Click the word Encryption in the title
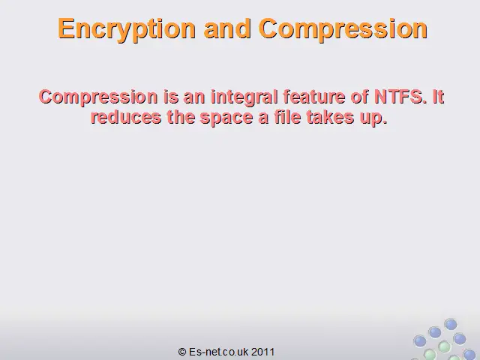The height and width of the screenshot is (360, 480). click(127, 29)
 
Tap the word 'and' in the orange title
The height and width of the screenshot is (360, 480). click(227, 28)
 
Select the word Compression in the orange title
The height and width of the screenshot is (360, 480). click(343, 29)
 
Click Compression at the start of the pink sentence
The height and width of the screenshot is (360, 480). click(98, 97)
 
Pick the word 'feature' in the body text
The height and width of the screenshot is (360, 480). click(314, 97)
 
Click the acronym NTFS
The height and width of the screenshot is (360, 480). click(400, 97)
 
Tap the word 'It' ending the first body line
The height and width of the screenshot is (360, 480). click(438, 97)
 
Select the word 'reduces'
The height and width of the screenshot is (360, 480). click(126, 117)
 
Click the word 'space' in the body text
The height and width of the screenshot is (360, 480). click(226, 118)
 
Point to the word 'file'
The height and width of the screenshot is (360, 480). click(287, 117)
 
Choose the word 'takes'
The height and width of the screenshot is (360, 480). click(330, 117)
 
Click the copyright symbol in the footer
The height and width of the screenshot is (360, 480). click(182, 352)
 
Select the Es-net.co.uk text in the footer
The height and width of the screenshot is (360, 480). click(218, 352)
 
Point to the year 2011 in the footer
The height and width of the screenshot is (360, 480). click(263, 352)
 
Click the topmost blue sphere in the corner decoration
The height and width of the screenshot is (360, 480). click(451, 324)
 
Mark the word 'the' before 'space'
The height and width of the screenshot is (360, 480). click(181, 117)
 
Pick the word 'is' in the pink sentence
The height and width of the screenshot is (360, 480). click(171, 97)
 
